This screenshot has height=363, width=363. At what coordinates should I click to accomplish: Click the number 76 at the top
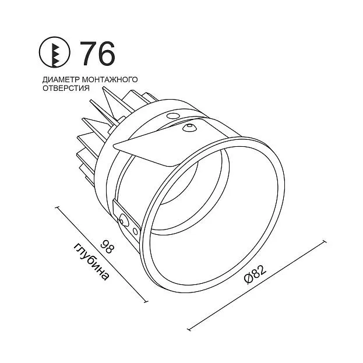click(97, 54)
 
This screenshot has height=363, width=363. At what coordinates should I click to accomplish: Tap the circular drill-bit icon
click(54, 52)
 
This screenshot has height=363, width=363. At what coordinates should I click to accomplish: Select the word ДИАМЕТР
click(61, 80)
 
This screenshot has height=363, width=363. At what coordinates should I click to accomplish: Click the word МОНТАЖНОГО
click(110, 79)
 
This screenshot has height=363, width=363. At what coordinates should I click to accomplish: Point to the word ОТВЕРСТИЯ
click(66, 88)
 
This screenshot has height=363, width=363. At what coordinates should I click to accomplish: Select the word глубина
click(91, 262)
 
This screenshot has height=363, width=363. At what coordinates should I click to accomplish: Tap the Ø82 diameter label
click(255, 274)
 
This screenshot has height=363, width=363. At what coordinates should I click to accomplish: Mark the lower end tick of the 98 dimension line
click(146, 301)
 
